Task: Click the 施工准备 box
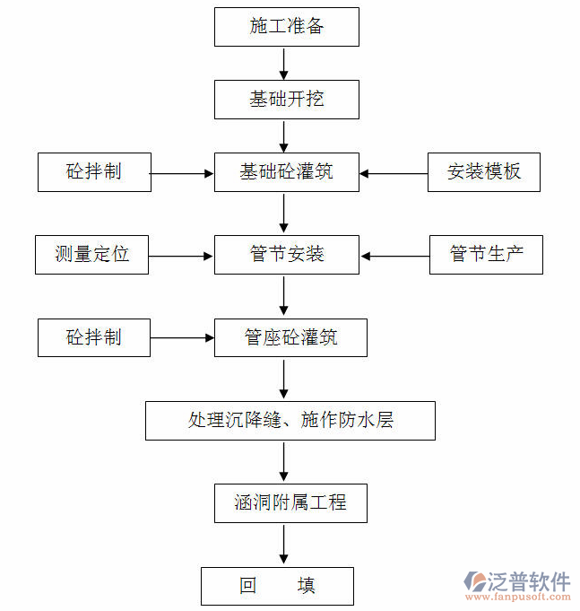point(286,27)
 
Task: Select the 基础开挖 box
point(286,99)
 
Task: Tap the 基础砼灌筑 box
point(286,171)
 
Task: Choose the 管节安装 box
point(286,255)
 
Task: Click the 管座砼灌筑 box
point(290,337)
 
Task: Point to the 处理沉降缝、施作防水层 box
point(290,420)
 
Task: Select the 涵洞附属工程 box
point(290,502)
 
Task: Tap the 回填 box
point(277,586)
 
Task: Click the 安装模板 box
point(483,171)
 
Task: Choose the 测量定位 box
point(91,255)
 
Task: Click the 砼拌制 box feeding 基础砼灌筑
point(94,171)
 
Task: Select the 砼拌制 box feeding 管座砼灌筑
point(94,337)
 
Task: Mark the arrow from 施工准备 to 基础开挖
point(285,63)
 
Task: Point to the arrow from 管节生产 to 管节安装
point(394,256)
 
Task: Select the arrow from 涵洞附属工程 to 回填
point(285,545)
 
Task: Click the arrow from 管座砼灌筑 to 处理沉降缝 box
point(285,379)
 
